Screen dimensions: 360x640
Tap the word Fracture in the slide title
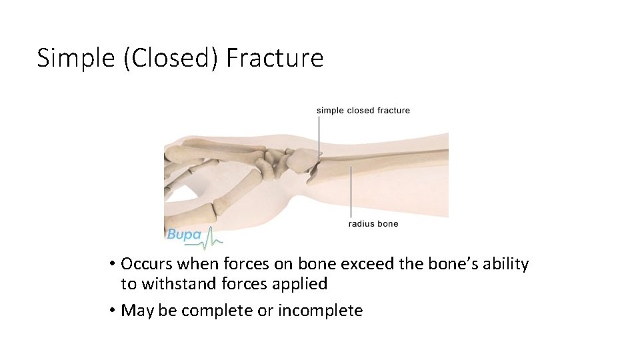(x=275, y=58)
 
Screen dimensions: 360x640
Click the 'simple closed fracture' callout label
(x=363, y=111)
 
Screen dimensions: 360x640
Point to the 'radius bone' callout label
(x=373, y=224)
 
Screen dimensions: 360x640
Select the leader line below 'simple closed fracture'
(x=319, y=137)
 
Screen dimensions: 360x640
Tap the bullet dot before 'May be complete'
(x=113, y=311)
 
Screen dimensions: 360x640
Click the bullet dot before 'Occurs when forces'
(x=113, y=264)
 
